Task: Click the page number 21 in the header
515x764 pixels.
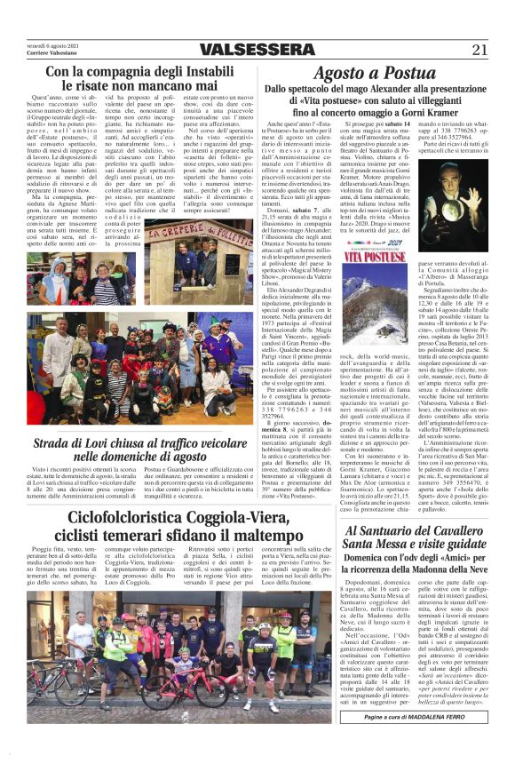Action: pyautogui.click(x=479, y=50)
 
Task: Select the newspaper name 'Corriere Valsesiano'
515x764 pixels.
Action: pyautogui.click(x=51, y=53)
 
